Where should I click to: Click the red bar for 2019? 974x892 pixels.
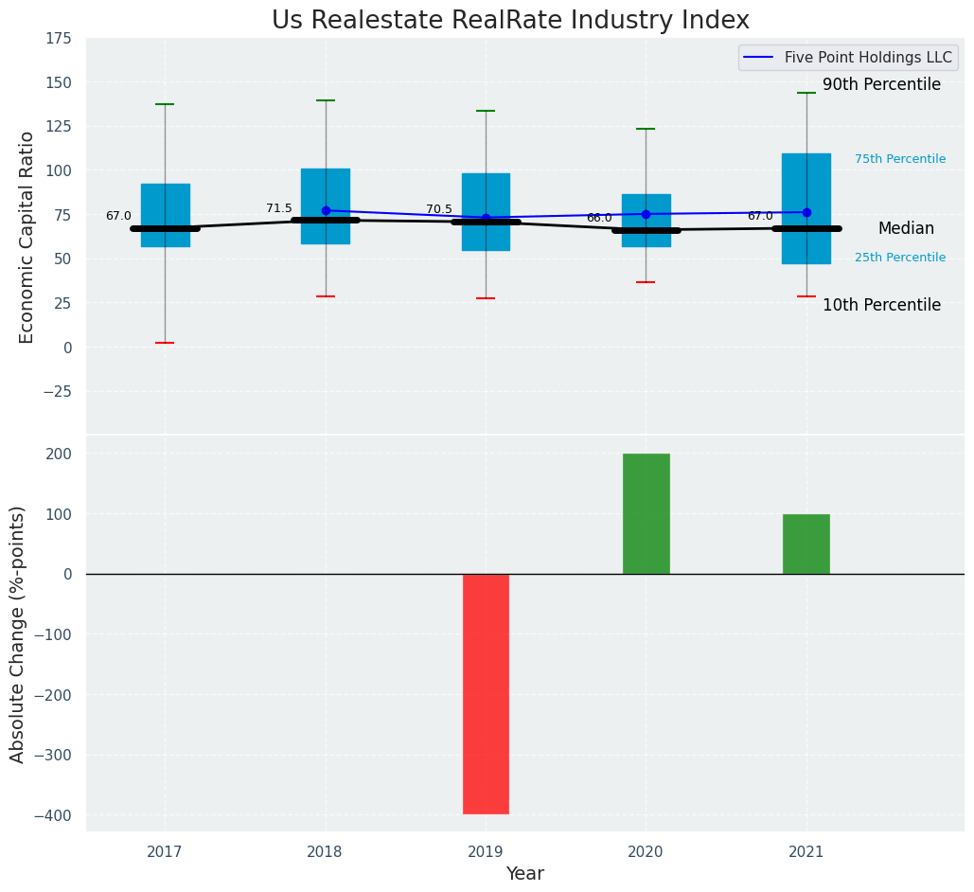tap(486, 693)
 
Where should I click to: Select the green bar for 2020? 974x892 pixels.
tap(646, 513)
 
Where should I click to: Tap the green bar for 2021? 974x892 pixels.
tap(806, 544)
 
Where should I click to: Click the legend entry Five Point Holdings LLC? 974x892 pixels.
tap(867, 58)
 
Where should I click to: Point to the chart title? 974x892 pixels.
tap(510, 21)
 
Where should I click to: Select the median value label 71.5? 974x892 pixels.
tap(279, 208)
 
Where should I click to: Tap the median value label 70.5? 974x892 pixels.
tap(439, 209)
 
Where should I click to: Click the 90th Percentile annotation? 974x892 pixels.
tap(881, 85)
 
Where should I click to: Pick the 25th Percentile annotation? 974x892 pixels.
tap(899, 258)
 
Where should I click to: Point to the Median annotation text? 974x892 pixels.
tap(906, 229)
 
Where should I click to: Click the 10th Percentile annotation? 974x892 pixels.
tap(881, 306)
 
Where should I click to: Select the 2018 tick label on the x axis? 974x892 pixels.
tap(325, 852)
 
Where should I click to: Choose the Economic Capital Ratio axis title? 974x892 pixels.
tap(27, 237)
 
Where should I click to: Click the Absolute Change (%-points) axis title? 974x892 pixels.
tap(18, 633)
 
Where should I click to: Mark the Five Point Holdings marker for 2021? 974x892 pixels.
tap(806, 212)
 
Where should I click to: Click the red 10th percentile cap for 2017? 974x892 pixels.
tap(165, 343)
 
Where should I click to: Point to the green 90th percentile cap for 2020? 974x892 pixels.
tap(646, 129)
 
